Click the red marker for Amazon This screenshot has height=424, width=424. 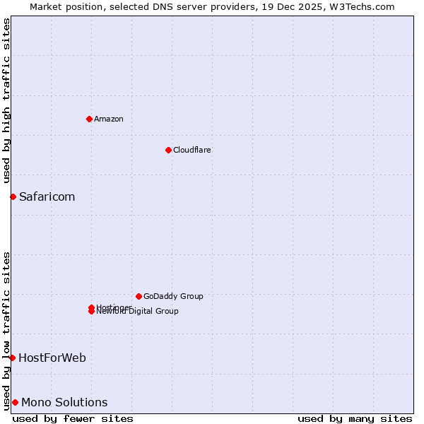[89, 119]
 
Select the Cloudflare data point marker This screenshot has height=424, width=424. [168, 150]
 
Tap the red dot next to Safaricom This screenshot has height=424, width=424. [13, 196]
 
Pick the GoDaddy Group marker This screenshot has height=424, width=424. [139, 296]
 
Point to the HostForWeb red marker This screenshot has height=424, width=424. [12, 358]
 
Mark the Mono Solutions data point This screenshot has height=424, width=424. [15, 403]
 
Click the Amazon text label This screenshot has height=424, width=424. [109, 119]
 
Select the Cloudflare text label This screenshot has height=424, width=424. [192, 150]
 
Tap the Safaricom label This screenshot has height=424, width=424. [47, 196]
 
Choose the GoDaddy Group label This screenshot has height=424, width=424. [173, 296]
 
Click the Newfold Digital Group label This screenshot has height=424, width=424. [139, 312]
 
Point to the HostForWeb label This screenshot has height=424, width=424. [52, 358]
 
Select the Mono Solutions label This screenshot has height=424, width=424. [64, 403]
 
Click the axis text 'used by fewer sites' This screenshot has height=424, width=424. [73, 419]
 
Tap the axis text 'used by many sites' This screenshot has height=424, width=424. [355, 419]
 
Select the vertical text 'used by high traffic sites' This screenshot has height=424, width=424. [7, 100]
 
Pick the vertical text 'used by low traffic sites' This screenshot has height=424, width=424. [7, 330]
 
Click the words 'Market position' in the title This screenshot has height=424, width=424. [62, 6]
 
